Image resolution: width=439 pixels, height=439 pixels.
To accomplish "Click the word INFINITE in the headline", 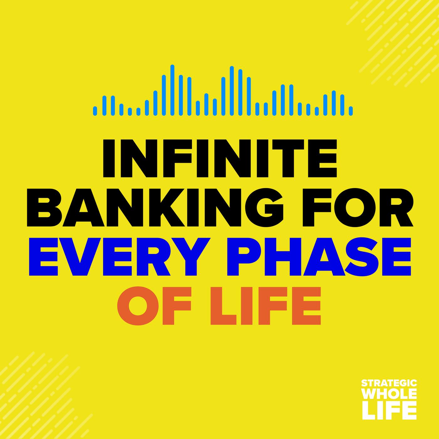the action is tap(219, 158).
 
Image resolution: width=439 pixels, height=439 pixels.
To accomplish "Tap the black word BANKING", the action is tap(155, 208).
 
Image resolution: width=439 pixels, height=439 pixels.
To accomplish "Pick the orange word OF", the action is tap(155, 306).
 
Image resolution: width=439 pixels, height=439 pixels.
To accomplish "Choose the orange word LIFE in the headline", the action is tap(266, 306).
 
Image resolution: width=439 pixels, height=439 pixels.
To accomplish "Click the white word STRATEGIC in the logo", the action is tap(389, 383).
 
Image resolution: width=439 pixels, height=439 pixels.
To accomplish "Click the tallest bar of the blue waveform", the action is tap(172, 90).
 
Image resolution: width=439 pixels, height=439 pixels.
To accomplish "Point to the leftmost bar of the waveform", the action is tap(95, 111).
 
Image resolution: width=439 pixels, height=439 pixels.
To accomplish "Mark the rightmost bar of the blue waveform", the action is tap(351, 111).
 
